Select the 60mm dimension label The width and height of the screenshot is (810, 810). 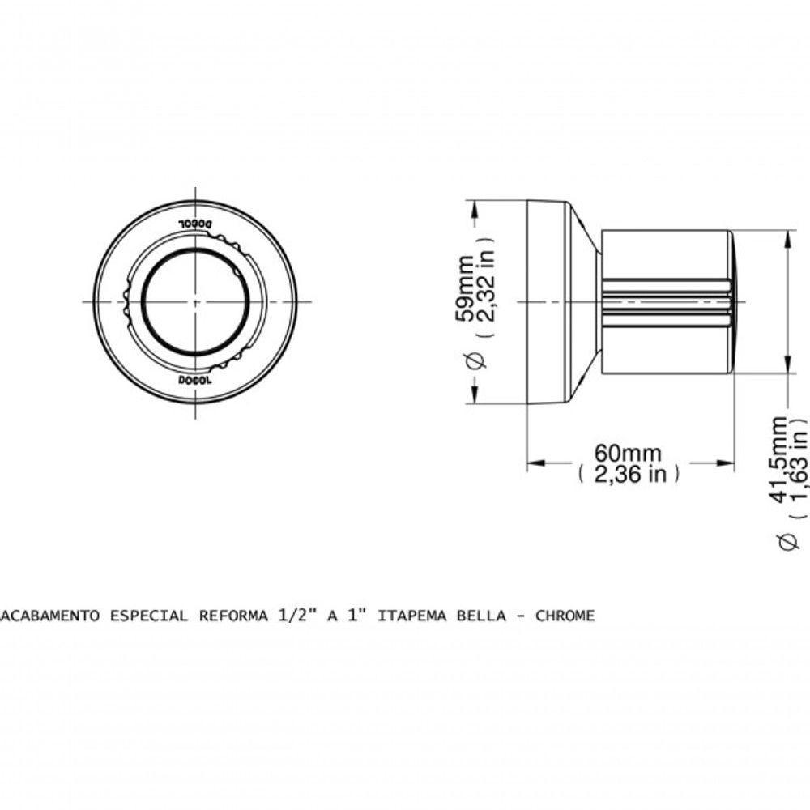(x=627, y=454)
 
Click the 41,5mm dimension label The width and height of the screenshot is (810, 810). (x=779, y=458)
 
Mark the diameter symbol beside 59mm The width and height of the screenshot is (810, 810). (x=476, y=362)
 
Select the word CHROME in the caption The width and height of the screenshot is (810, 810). (x=565, y=616)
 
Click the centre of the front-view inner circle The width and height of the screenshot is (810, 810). (x=195, y=301)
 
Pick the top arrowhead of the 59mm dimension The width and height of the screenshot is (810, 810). (x=472, y=206)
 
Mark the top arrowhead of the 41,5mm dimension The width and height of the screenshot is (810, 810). (x=787, y=237)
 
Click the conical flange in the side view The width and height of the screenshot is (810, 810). (x=584, y=301)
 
